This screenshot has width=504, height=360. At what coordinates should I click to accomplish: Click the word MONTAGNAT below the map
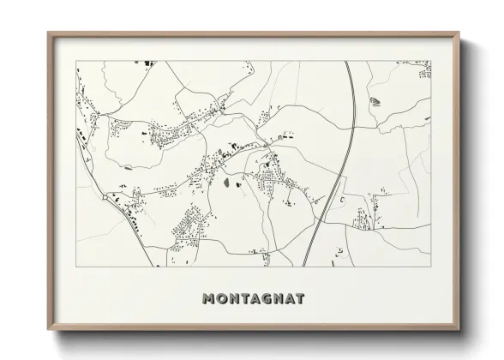point(252,299)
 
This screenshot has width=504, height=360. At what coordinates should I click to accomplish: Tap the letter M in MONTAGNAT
point(208,299)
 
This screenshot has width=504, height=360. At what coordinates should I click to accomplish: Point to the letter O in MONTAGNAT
point(221,299)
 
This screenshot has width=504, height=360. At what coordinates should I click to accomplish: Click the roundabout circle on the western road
point(105,197)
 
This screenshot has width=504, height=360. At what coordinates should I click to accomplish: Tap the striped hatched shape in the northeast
point(375,102)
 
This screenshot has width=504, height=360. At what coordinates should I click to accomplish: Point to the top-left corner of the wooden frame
point(49,33)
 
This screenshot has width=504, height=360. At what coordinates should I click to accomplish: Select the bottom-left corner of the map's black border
point(76,266)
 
